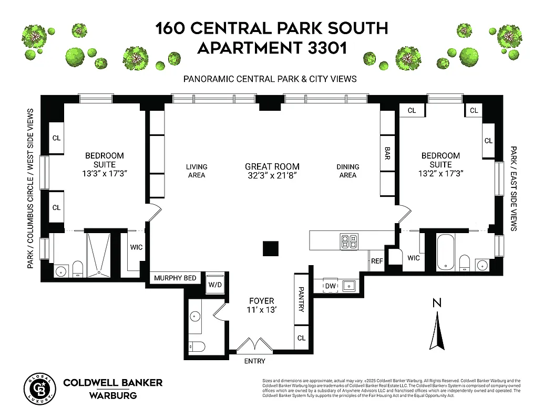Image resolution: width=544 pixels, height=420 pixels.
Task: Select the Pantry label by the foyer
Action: (x=301, y=299)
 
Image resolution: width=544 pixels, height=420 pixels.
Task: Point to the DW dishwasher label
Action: (x=330, y=286)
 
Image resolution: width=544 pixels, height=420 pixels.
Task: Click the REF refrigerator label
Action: (x=377, y=261)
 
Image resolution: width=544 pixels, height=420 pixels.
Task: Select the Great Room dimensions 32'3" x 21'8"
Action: (x=272, y=175)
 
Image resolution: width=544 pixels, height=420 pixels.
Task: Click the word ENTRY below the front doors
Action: (x=255, y=361)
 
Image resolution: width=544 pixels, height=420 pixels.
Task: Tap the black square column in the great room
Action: (x=271, y=248)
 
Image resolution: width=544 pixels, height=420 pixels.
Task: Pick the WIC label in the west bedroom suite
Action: (x=136, y=247)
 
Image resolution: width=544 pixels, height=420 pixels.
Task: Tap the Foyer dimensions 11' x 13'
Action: (x=262, y=310)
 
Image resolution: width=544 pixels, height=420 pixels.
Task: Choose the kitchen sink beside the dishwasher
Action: (x=348, y=286)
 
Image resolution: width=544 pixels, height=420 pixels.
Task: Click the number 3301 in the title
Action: (x=323, y=48)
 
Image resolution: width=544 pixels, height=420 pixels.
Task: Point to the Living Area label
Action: (x=197, y=171)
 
